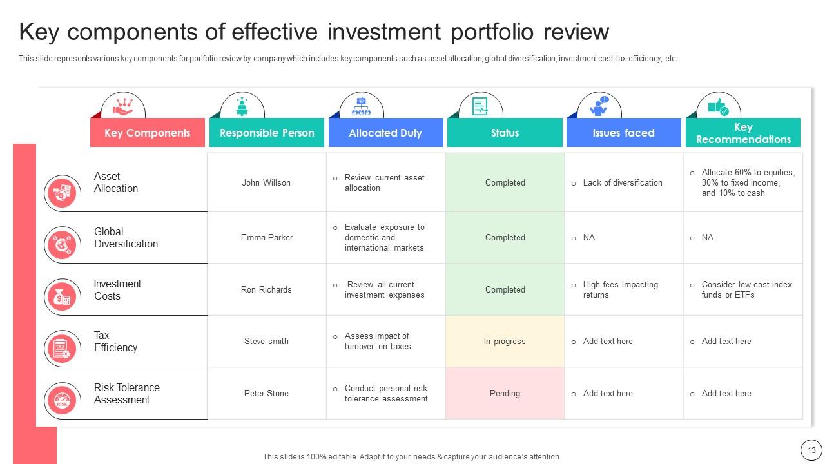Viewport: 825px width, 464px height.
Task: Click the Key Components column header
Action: (x=148, y=133)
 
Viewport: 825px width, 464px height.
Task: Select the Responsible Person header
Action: (x=267, y=133)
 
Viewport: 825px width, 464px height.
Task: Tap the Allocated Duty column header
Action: (x=385, y=133)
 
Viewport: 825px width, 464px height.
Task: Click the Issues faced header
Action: (x=623, y=133)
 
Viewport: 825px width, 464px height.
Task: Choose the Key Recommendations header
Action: (x=743, y=133)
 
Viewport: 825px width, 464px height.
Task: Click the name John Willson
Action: (x=266, y=182)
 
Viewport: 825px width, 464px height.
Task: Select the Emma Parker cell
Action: (x=267, y=238)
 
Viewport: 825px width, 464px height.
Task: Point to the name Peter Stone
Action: (x=266, y=393)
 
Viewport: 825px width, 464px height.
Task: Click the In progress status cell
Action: (x=505, y=342)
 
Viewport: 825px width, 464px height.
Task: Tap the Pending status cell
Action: (x=505, y=393)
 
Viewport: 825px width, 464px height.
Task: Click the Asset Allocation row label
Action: (x=115, y=182)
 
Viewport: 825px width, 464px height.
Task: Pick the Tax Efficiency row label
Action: (x=115, y=342)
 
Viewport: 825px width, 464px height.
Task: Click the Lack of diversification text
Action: (x=623, y=182)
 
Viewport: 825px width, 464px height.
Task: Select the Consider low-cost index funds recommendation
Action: (x=746, y=289)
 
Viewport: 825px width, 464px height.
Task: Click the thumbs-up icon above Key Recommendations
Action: (x=718, y=107)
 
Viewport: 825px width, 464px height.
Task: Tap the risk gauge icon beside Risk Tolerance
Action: (x=62, y=400)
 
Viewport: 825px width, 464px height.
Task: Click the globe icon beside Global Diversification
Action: (x=62, y=244)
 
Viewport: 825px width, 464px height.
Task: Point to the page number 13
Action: (x=811, y=450)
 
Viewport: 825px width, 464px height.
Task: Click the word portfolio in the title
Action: (x=492, y=32)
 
